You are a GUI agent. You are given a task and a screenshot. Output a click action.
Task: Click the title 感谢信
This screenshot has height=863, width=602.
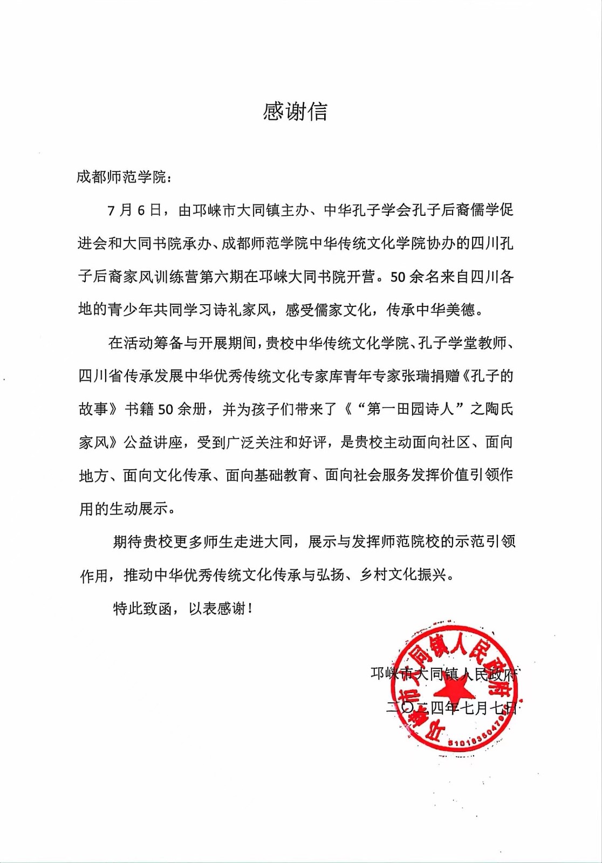295,112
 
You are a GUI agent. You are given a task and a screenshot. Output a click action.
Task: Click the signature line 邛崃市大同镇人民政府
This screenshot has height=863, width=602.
443,674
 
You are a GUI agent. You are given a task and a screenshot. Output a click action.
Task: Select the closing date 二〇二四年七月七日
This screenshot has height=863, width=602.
451,707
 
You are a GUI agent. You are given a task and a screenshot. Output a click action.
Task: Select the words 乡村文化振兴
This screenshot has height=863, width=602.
403,575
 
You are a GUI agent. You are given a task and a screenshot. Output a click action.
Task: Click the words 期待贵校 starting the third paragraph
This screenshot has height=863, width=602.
142,542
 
